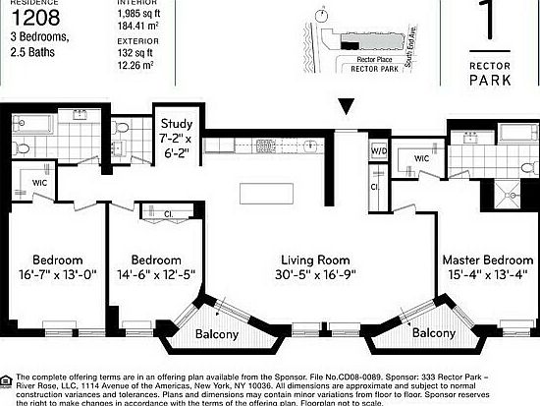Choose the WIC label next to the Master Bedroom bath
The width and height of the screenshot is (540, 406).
[x=422, y=158]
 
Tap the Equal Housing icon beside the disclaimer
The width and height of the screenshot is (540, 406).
[x=9, y=378]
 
